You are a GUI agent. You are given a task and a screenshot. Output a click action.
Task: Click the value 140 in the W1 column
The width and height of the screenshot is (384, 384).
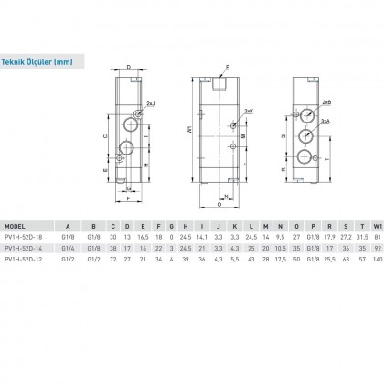(x=376, y=260)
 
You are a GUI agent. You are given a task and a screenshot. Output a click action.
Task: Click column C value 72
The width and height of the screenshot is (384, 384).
(x=113, y=260)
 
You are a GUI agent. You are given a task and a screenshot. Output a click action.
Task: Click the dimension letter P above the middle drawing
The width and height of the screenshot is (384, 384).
(x=228, y=67)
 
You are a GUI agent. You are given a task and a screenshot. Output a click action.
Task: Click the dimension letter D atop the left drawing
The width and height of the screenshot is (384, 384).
(x=129, y=67)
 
